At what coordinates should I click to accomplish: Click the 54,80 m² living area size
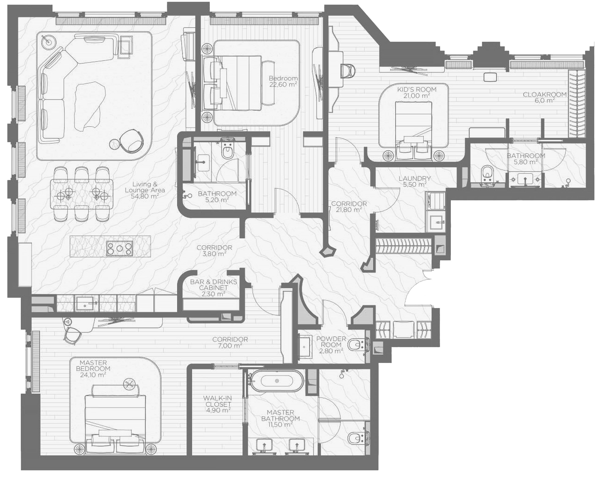tap(145, 196)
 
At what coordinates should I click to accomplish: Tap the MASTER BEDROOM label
tap(93, 366)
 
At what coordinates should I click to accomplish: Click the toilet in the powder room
tap(355, 345)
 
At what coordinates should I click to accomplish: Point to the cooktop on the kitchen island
tap(120, 249)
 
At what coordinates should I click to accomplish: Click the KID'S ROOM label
tap(417, 90)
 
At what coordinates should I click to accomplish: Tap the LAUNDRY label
tap(415, 178)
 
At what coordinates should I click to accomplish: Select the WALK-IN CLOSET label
tap(218, 401)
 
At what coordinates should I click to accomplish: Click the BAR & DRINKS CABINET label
tap(213, 285)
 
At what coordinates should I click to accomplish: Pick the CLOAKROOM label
tap(545, 95)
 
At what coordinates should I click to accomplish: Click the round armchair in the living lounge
tap(132, 140)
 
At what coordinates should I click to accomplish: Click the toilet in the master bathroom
tap(355, 438)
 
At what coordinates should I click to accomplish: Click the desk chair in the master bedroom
tap(73, 336)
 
